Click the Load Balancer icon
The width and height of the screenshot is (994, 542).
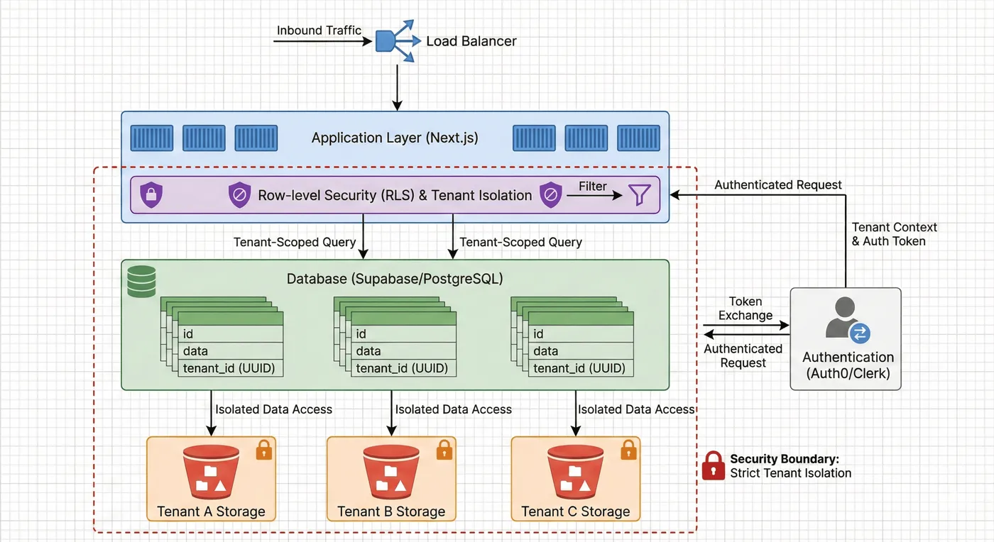tap(395, 41)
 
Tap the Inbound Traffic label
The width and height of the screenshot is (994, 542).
tap(319, 31)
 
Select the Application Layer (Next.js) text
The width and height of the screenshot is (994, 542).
tap(395, 138)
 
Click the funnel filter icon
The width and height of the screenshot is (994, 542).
tap(639, 195)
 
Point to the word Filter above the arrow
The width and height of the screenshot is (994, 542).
tap(593, 186)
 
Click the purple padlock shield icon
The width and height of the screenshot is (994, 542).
tap(151, 195)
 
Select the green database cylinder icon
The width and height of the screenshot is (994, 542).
tap(141, 281)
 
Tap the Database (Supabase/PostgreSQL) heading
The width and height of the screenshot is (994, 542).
tap(395, 279)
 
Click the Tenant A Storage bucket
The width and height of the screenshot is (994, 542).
tap(211, 472)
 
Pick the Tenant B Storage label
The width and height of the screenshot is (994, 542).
tap(391, 511)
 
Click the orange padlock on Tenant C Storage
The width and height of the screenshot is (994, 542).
tap(628, 450)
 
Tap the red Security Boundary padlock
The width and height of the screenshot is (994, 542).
tap(713, 466)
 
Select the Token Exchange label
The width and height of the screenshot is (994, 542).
tap(745, 309)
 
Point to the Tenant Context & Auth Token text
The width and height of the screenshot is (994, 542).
tap(894, 234)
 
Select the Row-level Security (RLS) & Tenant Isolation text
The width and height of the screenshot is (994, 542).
tap(395, 195)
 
